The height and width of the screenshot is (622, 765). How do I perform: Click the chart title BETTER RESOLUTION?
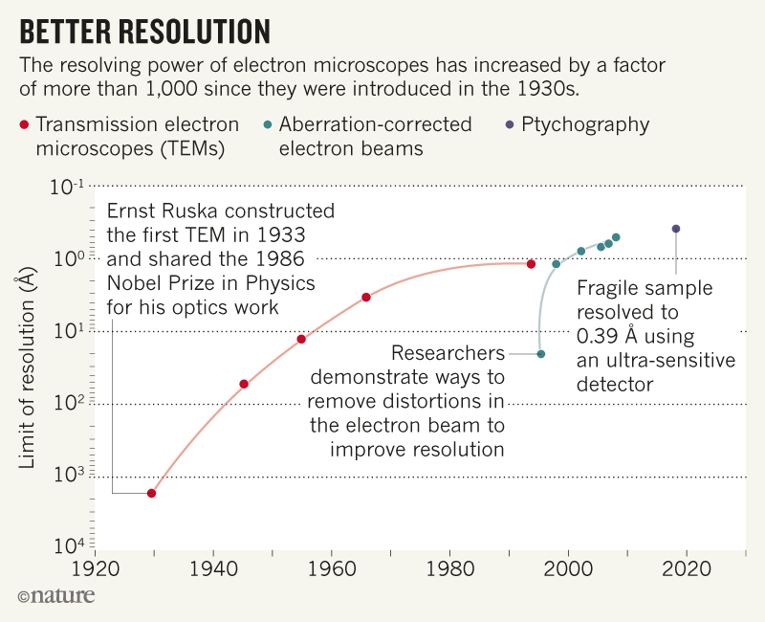[144, 32]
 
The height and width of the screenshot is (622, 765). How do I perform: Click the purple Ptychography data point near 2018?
[676, 229]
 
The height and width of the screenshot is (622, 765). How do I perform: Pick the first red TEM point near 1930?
[151, 494]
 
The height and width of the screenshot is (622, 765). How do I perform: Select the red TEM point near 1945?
[244, 385]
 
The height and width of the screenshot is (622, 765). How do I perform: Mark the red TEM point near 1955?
[301, 340]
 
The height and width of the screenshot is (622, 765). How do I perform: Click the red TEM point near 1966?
[366, 298]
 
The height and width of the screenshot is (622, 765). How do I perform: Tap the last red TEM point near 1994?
[532, 264]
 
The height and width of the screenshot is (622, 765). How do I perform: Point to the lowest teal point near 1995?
[541, 354]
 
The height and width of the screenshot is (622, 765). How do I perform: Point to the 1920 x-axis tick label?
[94, 567]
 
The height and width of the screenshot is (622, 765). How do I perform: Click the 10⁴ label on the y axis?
[68, 547]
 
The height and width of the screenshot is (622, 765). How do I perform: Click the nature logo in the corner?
[57, 596]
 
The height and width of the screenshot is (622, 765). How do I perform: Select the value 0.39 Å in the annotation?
[612, 336]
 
